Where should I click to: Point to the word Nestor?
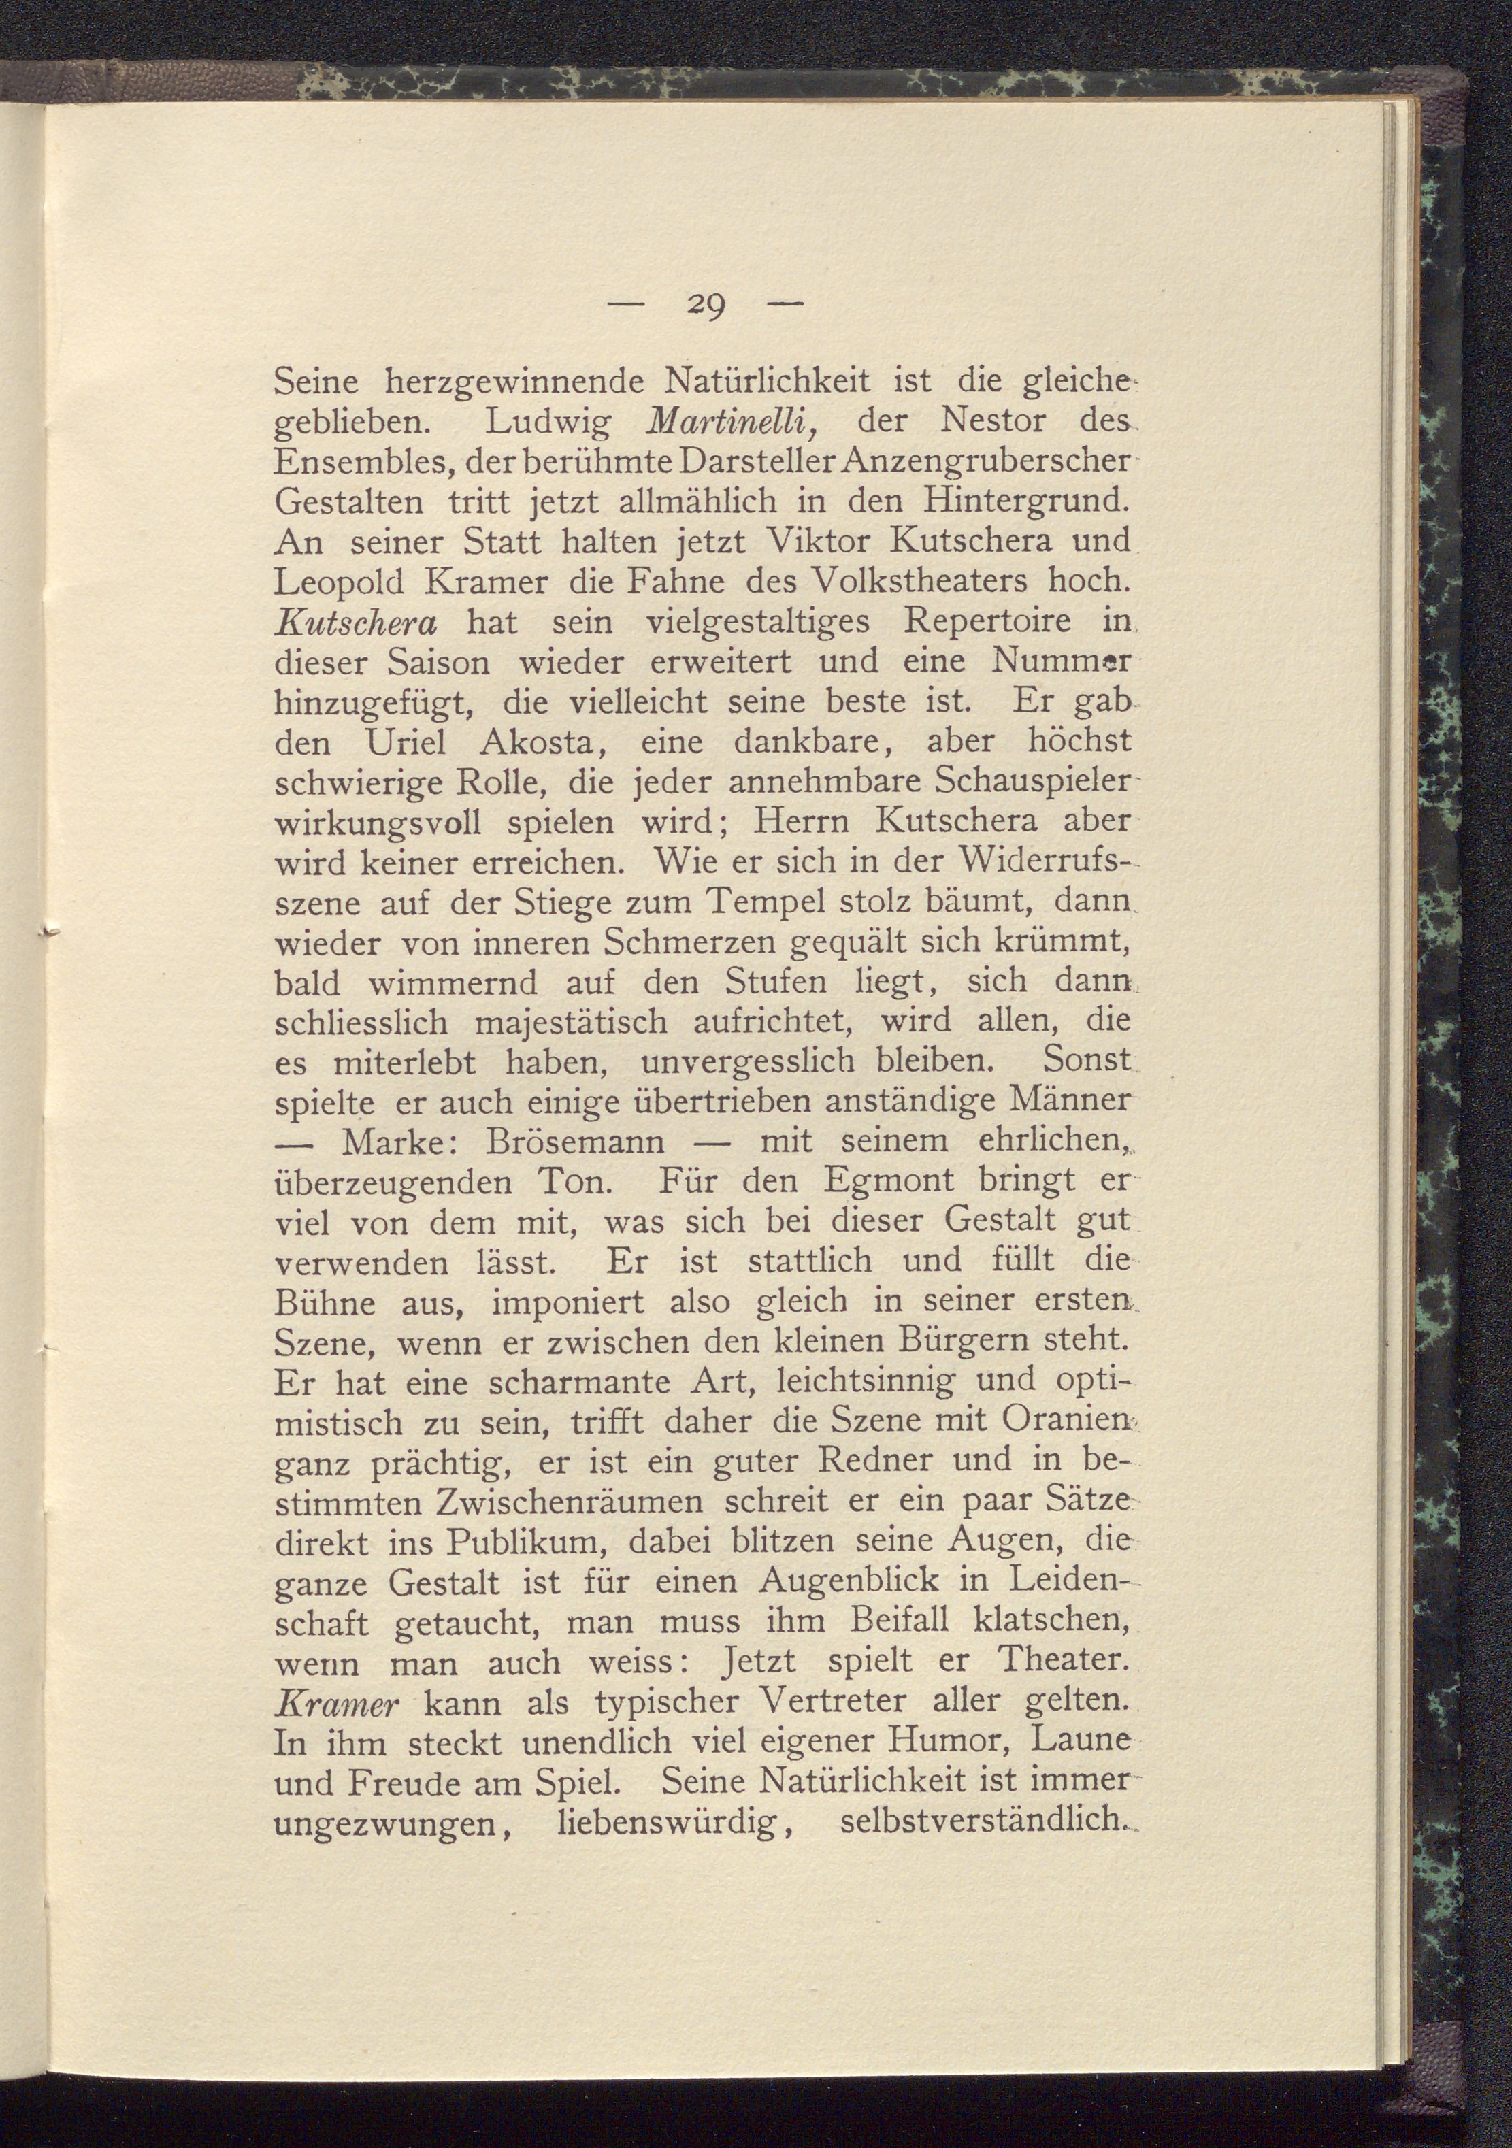(x=993, y=421)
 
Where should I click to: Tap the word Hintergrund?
(x=1020, y=502)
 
